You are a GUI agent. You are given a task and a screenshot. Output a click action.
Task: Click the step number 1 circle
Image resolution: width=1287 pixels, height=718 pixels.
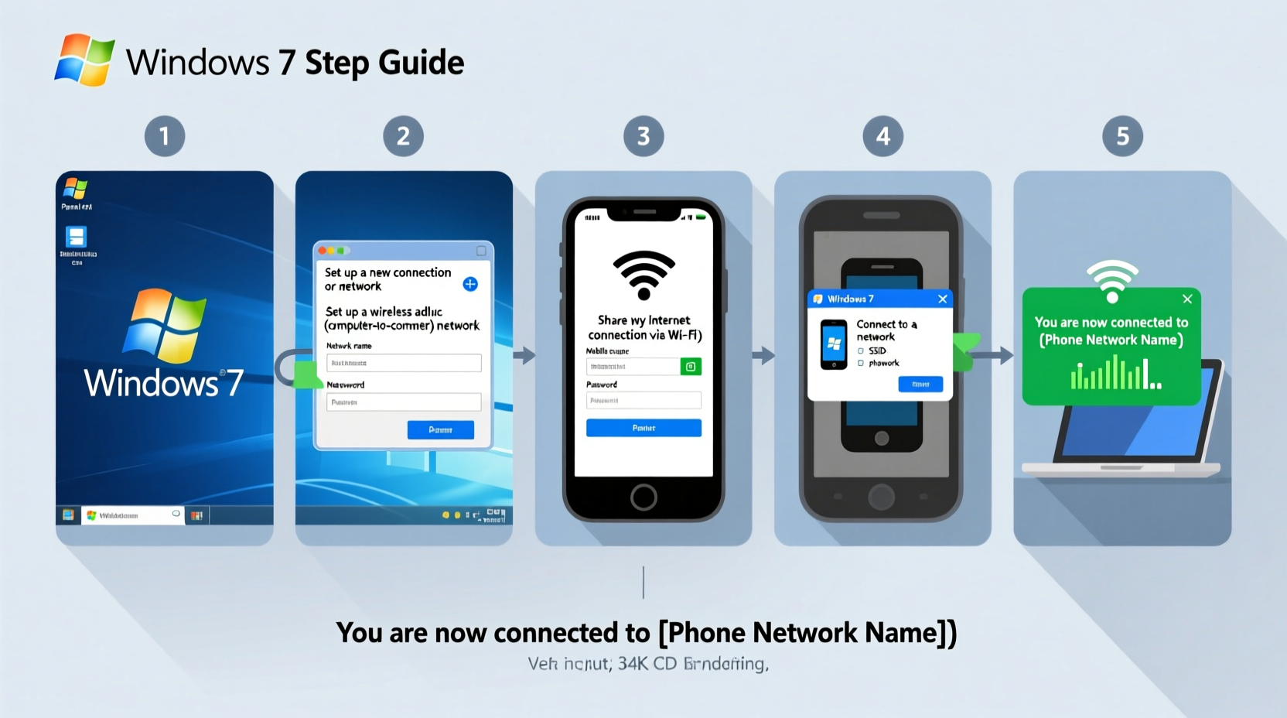[x=165, y=136]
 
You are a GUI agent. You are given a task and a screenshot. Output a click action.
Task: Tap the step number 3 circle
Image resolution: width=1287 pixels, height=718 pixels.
[x=643, y=136]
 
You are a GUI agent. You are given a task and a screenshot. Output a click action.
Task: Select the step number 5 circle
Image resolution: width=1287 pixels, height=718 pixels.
[x=1122, y=136]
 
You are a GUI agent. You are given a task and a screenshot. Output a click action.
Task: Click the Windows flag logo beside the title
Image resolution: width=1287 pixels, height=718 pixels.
[x=84, y=60]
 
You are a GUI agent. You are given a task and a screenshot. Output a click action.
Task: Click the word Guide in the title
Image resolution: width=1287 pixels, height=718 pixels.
[x=421, y=63]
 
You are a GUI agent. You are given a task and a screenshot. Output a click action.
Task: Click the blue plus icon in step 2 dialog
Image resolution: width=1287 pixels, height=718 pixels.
[x=470, y=284]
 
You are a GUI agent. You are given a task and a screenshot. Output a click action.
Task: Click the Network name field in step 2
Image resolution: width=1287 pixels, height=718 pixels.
[x=404, y=363]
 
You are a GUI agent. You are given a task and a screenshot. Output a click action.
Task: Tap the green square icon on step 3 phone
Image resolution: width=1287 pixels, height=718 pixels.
[x=691, y=367]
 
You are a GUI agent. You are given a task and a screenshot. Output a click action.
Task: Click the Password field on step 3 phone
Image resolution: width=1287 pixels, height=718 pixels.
[x=643, y=401]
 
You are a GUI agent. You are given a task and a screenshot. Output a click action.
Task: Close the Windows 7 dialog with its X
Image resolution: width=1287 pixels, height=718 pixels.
[x=942, y=299]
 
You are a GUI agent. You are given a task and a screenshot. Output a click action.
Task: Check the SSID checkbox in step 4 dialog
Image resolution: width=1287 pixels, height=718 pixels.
[x=861, y=351]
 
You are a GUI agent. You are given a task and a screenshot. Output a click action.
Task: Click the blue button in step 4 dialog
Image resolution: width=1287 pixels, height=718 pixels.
[x=920, y=385]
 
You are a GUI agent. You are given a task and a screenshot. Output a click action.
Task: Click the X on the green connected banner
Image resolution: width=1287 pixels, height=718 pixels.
[x=1187, y=299]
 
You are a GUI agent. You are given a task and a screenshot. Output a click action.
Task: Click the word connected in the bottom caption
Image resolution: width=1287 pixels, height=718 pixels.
[x=559, y=633]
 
